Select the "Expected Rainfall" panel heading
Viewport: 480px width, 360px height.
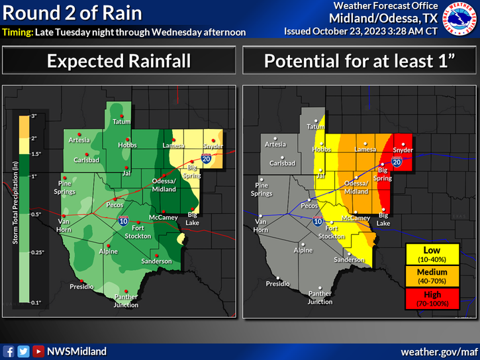(x=119, y=62)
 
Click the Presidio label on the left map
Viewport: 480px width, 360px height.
(x=83, y=286)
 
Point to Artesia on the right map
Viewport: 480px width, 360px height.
(x=275, y=144)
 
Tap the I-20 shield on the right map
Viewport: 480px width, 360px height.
(x=397, y=161)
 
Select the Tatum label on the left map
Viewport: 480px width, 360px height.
(x=120, y=122)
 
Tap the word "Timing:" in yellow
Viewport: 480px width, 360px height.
(x=15, y=32)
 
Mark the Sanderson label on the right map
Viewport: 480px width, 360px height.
(x=349, y=260)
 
